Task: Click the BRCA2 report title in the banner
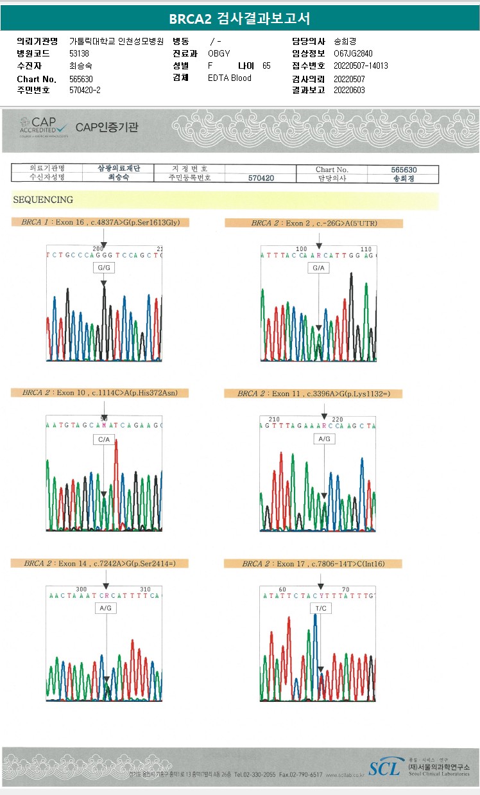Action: click(x=239, y=19)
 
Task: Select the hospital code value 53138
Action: click(x=80, y=53)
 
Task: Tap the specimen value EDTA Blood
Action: click(x=230, y=78)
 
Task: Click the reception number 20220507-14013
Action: click(x=361, y=66)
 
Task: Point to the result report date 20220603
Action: click(x=349, y=90)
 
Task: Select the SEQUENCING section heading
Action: click(x=43, y=200)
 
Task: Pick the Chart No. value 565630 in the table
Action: click(x=404, y=170)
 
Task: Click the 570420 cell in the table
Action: click(x=261, y=178)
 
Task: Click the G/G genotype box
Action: click(x=103, y=267)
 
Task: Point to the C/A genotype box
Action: click(x=103, y=439)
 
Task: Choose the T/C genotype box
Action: click(x=320, y=607)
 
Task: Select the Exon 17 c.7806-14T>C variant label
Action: click(x=313, y=564)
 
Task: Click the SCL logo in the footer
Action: click(x=384, y=767)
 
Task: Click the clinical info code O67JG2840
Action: click(x=353, y=53)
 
